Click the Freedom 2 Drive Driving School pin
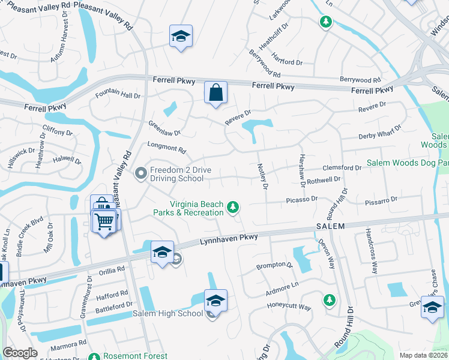click(x=141, y=174)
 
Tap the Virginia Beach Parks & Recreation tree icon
click(x=233, y=208)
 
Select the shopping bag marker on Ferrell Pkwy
click(x=215, y=93)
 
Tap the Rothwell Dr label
click(x=324, y=179)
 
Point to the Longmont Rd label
click(x=166, y=147)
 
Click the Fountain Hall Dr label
click(x=118, y=95)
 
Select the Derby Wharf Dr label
click(x=379, y=132)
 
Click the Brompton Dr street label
click(x=274, y=265)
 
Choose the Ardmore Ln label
click(x=282, y=288)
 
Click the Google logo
click(x=20, y=353)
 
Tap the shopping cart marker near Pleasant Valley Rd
click(x=104, y=221)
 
